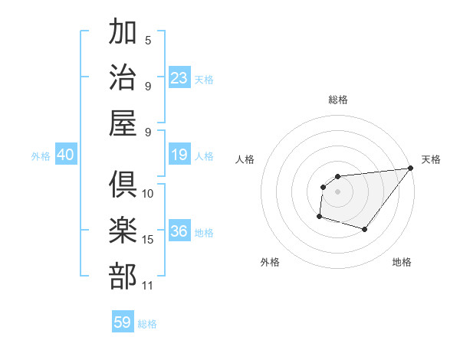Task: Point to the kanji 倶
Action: click(x=123, y=185)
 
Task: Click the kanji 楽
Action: click(x=123, y=230)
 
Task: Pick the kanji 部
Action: click(x=123, y=275)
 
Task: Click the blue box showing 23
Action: click(x=179, y=77)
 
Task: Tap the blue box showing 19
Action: click(x=179, y=155)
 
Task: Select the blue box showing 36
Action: click(x=179, y=231)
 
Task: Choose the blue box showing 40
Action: click(x=65, y=155)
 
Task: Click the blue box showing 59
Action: click(x=123, y=322)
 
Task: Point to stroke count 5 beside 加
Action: click(x=148, y=41)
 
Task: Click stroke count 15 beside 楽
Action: click(x=148, y=240)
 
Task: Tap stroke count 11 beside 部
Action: click(x=148, y=286)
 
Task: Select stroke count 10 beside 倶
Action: click(x=148, y=194)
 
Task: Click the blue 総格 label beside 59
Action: click(x=147, y=324)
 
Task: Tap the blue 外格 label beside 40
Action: click(x=41, y=156)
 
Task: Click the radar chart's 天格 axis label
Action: click(x=431, y=160)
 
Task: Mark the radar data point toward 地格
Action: click(x=365, y=229)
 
